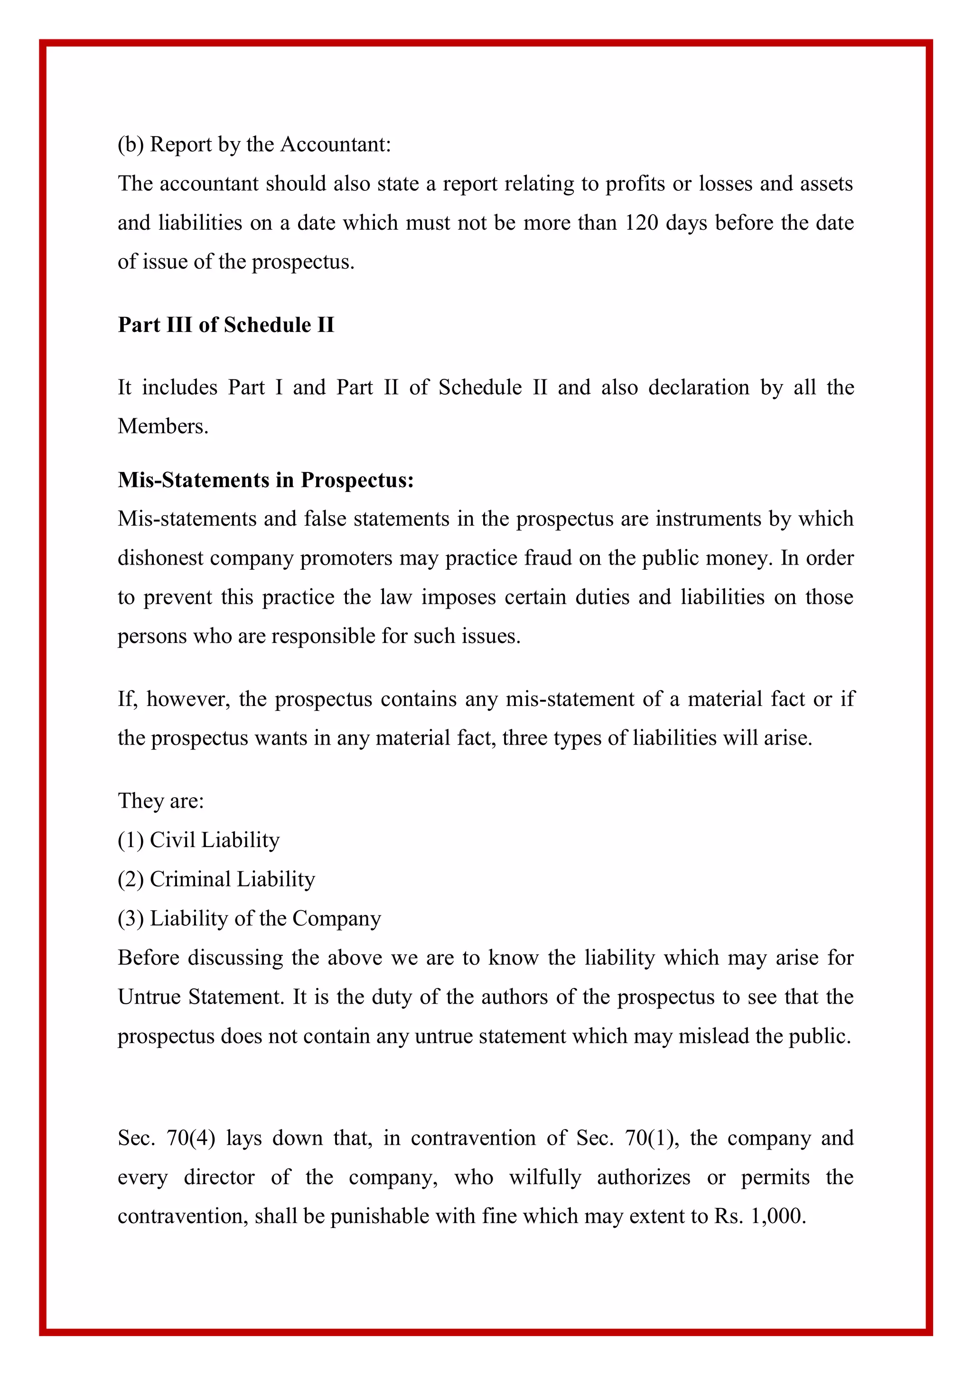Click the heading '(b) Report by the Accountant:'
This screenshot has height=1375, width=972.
[254, 144]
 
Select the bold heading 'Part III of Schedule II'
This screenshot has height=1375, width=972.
[225, 325]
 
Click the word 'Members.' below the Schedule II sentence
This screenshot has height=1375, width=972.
[163, 426]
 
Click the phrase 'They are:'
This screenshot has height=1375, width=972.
[160, 801]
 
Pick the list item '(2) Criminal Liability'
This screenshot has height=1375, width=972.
[216, 879]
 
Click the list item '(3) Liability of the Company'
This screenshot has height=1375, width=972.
[249, 918]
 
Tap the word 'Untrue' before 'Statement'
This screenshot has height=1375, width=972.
[150, 997]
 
